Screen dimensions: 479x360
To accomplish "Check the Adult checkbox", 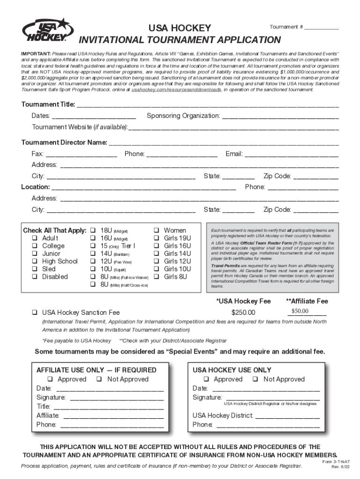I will [x=35, y=238].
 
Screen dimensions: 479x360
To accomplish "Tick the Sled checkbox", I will [x=35, y=269].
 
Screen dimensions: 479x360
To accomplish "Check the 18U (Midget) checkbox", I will [x=93, y=231].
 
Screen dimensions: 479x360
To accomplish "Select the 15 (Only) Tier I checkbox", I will [x=93, y=246].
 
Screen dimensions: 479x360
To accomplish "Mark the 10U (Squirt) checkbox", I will [x=93, y=269].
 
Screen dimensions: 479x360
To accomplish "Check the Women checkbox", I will [x=157, y=231].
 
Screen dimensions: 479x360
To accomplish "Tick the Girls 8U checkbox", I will [x=157, y=277].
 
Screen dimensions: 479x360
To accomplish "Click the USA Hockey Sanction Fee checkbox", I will [x=35, y=312].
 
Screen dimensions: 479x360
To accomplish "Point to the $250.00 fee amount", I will [x=243, y=312].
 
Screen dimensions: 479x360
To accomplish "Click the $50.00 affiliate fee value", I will [x=300, y=311].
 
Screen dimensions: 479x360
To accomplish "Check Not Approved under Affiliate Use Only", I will [x=100, y=379].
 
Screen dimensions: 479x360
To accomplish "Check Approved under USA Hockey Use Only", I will [x=206, y=379].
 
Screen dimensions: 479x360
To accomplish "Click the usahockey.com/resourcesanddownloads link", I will [x=176, y=89].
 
